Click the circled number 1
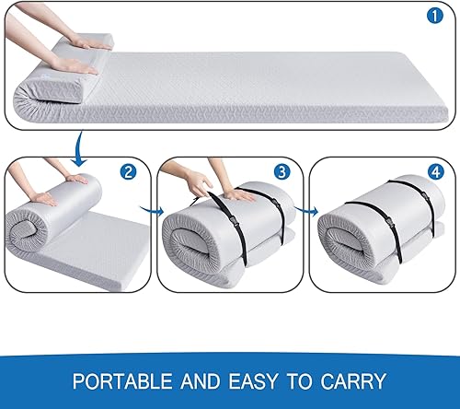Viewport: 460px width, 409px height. click(x=435, y=16)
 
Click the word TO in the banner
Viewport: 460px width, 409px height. click(x=298, y=380)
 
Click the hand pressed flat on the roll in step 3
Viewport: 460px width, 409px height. click(x=241, y=193)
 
